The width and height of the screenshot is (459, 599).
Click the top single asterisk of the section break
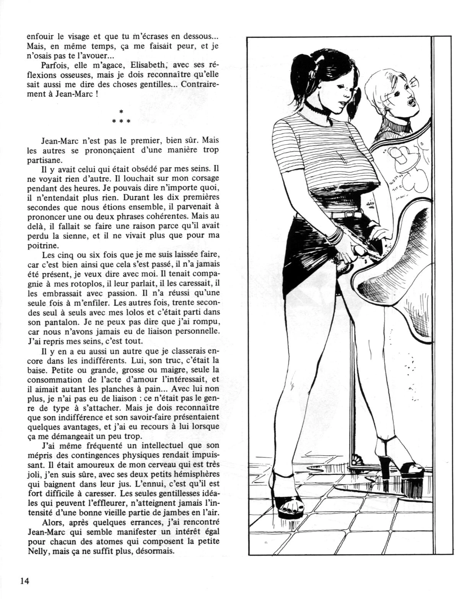pyautogui.click(x=121, y=112)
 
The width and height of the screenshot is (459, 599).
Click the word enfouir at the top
pyautogui.click(x=39, y=38)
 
